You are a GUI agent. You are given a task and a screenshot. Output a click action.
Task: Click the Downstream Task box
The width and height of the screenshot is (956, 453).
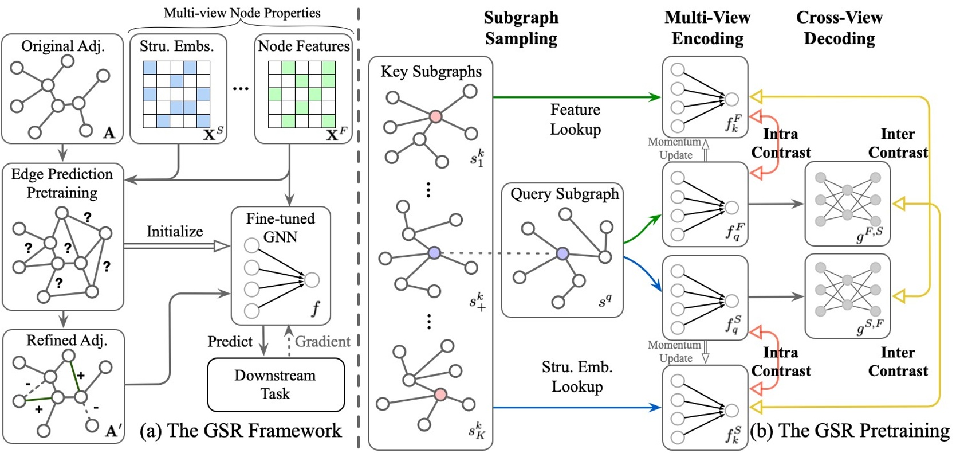coord(276,385)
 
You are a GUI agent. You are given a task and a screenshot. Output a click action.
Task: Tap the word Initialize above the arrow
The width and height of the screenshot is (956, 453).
coord(175,232)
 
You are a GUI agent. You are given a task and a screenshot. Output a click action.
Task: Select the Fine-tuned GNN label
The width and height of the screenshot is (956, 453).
coord(280,228)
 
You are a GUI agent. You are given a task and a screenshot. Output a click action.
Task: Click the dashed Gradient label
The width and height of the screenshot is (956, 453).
coord(322,342)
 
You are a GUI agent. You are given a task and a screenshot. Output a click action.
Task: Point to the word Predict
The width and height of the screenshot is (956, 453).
coord(230,342)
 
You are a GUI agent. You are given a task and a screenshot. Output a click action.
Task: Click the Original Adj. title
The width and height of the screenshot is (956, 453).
coord(62,46)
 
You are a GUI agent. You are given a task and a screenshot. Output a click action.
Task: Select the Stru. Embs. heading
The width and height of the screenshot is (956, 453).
coord(176,46)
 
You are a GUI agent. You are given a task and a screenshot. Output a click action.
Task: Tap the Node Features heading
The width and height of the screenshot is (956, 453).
coord(304,46)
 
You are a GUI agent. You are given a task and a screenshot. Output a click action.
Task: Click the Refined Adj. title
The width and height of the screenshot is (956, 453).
coord(66,340)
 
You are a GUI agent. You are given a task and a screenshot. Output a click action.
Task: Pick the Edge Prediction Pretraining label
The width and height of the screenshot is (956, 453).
coord(62,183)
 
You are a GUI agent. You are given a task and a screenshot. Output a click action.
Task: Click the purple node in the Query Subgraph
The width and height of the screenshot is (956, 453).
coord(562,253)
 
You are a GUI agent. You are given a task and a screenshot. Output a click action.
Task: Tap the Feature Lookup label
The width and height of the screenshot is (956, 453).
coord(575,119)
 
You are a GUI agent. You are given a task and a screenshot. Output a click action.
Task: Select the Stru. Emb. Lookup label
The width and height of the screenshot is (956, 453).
coord(577,377)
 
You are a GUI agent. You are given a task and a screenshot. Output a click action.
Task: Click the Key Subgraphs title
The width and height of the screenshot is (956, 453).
coord(431,72)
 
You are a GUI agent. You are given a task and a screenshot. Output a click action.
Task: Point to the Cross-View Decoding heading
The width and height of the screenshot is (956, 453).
coord(839,28)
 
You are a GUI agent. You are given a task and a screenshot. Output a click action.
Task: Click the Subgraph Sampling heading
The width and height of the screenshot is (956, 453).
coord(521,28)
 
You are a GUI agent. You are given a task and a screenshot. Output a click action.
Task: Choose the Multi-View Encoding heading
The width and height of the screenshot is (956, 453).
coord(707,28)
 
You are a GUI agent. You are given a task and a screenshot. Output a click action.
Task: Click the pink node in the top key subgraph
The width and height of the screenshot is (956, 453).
coord(435,116)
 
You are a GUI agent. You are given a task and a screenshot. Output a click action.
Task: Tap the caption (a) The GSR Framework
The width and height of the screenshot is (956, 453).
coord(241,431)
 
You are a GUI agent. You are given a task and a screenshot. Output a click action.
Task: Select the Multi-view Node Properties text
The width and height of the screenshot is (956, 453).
coord(242,13)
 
